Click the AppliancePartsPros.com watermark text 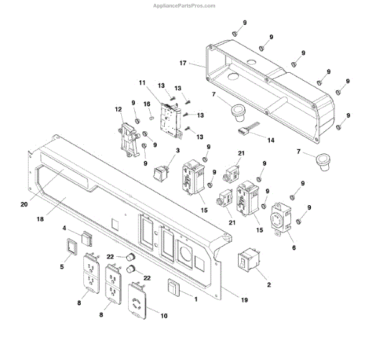pos(184,6)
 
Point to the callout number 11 pos(142,83)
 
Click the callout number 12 pos(119,109)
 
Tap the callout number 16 pos(147,104)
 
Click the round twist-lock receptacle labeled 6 pos(279,219)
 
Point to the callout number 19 pos(244,300)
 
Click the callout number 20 pos(24,204)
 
